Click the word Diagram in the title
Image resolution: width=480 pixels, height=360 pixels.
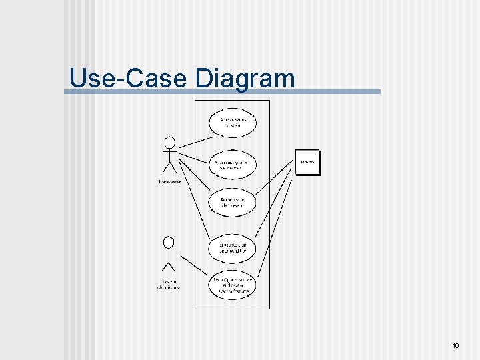pyautogui.click(x=245, y=79)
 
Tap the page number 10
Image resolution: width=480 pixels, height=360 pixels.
pyautogui.click(x=455, y=346)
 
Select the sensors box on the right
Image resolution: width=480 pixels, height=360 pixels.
pyautogui.click(x=307, y=163)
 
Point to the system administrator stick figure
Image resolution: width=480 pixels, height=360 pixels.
pyautogui.click(x=169, y=256)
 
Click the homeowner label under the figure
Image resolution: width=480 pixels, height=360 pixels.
pyautogui.click(x=169, y=181)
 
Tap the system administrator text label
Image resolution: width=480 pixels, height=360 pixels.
pyautogui.click(x=169, y=285)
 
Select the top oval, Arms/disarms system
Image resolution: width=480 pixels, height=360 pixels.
pyautogui.click(x=233, y=123)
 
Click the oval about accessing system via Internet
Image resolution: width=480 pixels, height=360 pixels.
pyautogui.click(x=233, y=165)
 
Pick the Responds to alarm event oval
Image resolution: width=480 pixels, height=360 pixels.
pyautogui.click(x=233, y=203)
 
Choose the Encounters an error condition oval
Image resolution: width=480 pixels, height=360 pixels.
pyautogui.click(x=233, y=247)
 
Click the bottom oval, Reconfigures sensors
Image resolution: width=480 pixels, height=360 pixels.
pyautogui.click(x=233, y=285)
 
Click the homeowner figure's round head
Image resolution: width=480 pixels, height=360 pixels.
pyautogui.click(x=170, y=141)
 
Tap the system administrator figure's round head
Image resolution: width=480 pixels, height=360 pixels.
pyautogui.click(x=169, y=241)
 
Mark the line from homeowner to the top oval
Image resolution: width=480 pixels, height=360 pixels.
pyautogui.click(x=196, y=142)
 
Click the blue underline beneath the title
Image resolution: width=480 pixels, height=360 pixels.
pyautogui.click(x=223, y=92)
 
